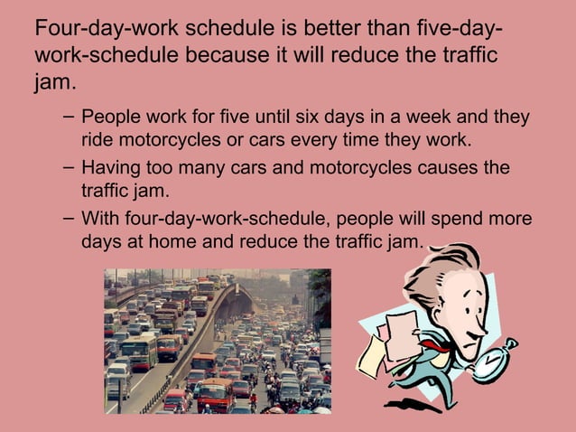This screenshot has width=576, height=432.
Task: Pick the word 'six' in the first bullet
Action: pos(313,119)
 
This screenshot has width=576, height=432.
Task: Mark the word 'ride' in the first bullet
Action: pos(97,142)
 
